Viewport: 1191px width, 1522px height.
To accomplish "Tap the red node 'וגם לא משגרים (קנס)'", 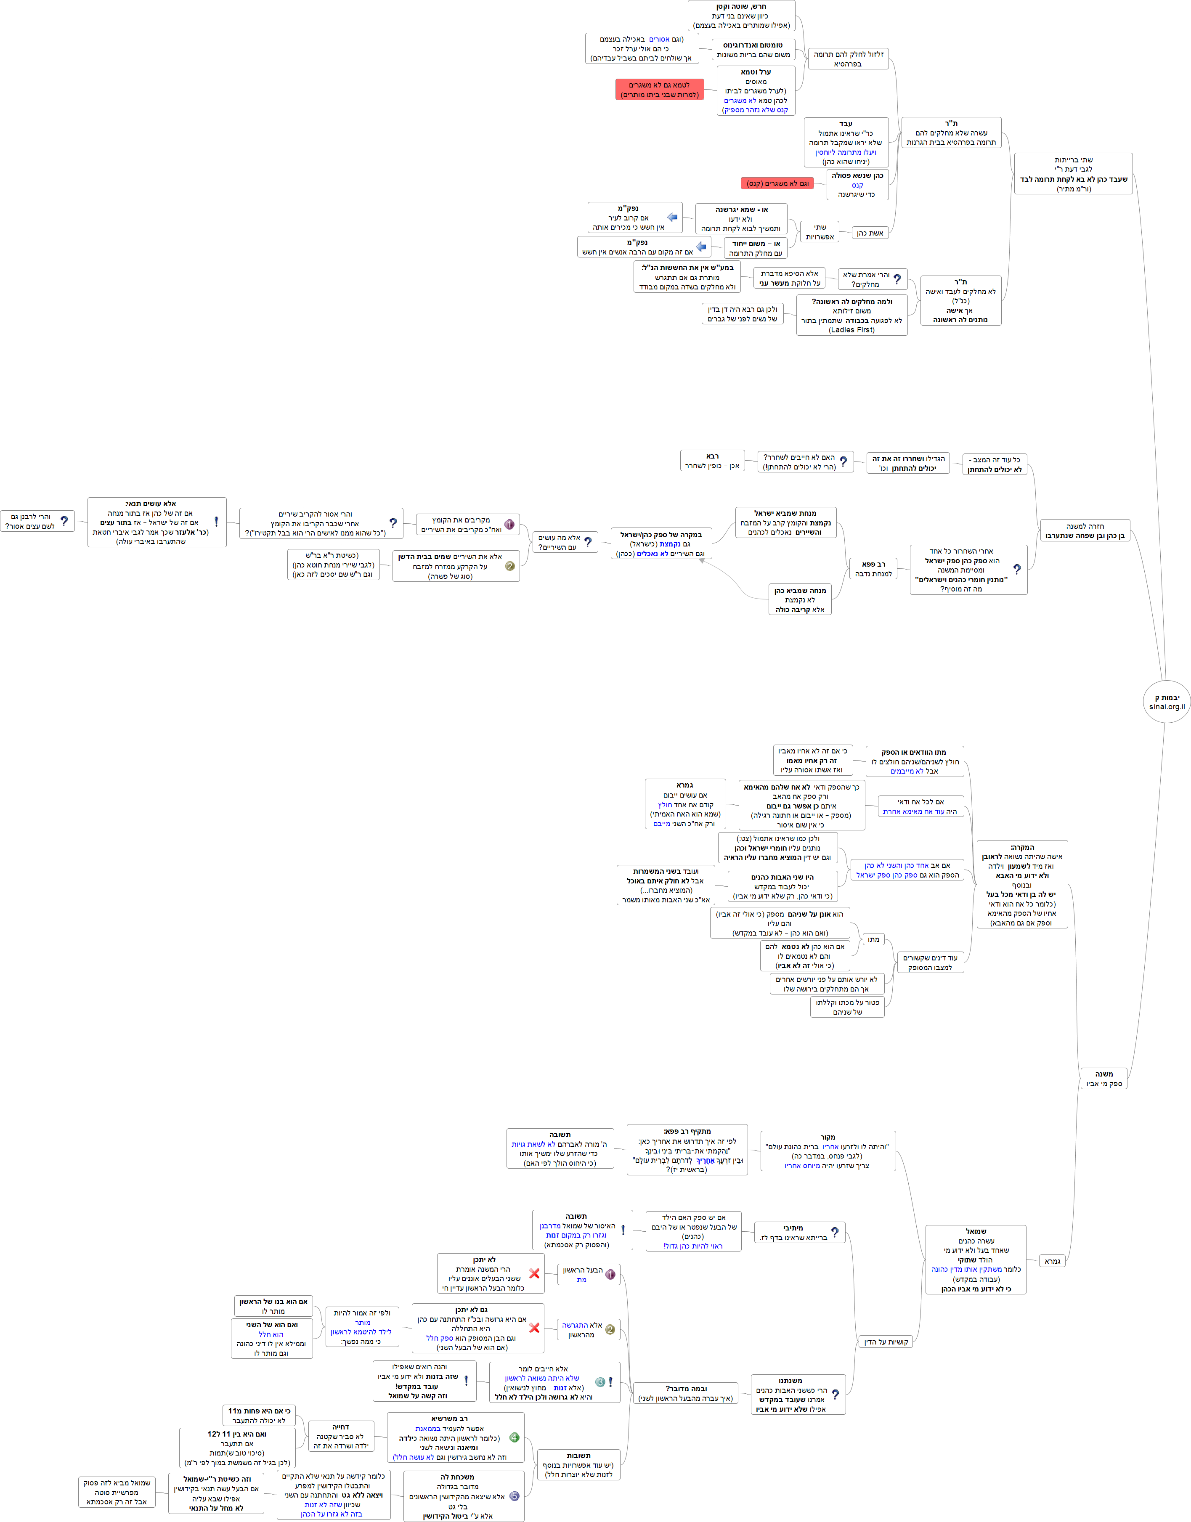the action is click(777, 183).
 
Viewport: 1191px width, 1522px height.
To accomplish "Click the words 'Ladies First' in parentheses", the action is click(851, 330).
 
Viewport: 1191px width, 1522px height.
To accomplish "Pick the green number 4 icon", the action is click(515, 1437).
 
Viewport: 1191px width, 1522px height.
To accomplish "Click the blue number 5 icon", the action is click(515, 1495).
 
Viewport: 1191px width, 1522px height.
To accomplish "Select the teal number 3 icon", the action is click(599, 1382).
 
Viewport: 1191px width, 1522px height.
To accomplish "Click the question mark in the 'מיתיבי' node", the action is click(835, 1233).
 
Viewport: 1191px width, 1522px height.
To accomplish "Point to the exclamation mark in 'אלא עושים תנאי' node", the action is click(216, 522).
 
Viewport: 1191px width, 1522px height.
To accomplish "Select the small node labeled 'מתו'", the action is click(873, 939).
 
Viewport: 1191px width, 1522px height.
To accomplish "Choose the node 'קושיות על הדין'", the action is click(886, 1342).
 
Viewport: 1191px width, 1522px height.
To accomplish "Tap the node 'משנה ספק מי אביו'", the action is click(1104, 1079).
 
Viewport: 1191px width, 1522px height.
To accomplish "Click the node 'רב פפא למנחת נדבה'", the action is click(873, 569).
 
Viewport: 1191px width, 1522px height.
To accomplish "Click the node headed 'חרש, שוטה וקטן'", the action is click(741, 15).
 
